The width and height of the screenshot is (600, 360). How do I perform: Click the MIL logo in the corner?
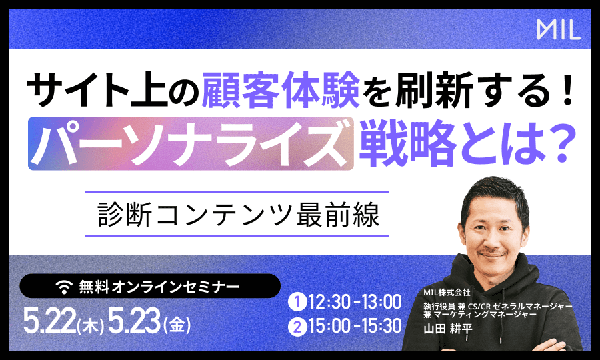(x=559, y=30)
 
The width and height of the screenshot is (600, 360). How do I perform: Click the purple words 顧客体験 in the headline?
(x=281, y=90)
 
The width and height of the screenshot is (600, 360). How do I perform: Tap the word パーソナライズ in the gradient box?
(x=190, y=143)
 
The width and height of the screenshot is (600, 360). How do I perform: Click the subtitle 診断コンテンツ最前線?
(x=237, y=214)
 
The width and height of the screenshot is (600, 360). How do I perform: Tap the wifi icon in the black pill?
(x=64, y=286)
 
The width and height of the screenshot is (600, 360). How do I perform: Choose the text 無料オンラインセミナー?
(x=159, y=286)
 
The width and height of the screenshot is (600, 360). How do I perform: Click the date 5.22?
(x=49, y=321)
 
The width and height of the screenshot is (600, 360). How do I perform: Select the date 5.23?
(x=134, y=321)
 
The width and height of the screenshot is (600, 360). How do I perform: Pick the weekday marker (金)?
(x=177, y=325)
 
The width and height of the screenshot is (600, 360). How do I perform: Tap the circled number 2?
(x=297, y=327)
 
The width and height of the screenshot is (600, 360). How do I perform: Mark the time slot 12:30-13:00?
(x=355, y=302)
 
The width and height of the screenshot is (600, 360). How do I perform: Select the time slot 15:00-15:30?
(x=355, y=327)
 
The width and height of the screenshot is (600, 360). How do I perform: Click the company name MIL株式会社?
(x=447, y=293)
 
